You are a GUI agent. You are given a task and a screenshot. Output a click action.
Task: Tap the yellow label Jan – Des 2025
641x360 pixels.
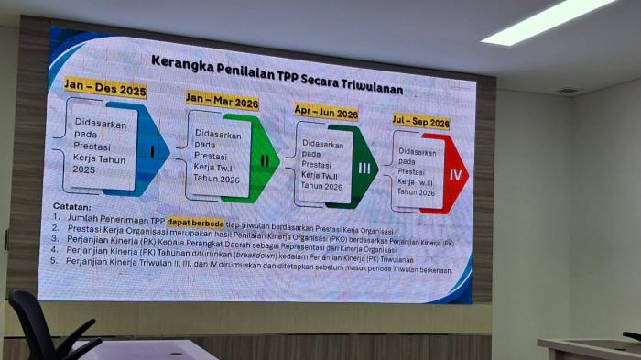(104, 90)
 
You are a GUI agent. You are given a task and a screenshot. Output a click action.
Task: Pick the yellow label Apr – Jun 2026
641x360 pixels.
(326, 113)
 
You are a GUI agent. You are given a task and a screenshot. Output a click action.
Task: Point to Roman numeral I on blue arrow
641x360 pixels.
(151, 150)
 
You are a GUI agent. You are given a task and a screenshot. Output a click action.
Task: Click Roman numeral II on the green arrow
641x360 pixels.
(264, 160)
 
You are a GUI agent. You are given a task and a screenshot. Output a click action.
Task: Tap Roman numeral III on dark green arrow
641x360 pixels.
(364, 168)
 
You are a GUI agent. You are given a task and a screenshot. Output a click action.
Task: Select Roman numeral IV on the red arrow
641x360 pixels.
(452, 173)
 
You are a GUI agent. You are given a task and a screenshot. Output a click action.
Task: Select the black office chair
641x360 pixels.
(50, 330)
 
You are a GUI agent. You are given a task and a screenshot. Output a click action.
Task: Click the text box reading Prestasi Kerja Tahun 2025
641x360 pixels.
(95, 147)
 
